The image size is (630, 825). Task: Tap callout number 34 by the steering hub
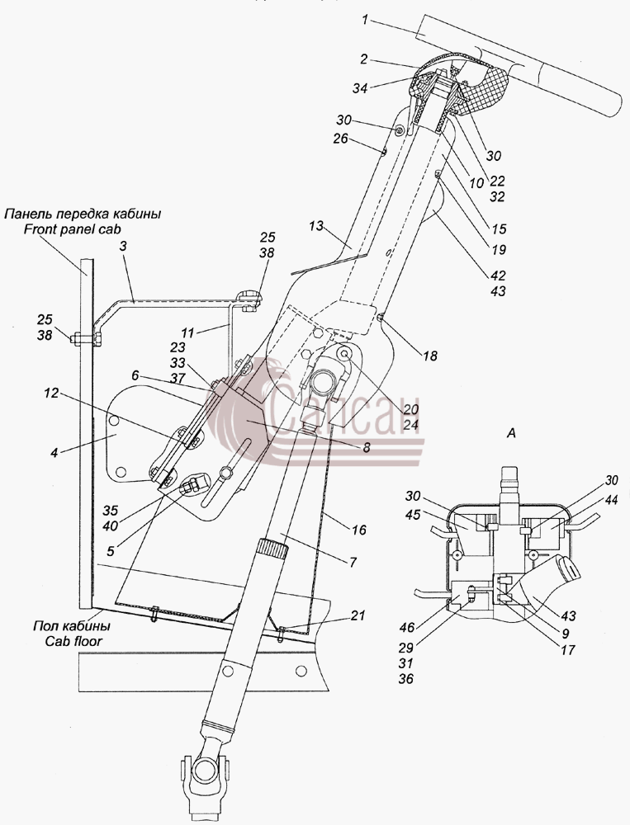click(360, 88)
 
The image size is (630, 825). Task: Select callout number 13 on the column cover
click(315, 228)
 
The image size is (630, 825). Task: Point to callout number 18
click(430, 356)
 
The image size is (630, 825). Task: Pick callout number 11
click(188, 332)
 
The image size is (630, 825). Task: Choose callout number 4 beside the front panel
click(54, 451)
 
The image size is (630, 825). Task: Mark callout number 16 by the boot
click(358, 530)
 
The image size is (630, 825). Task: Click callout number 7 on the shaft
click(353, 562)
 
